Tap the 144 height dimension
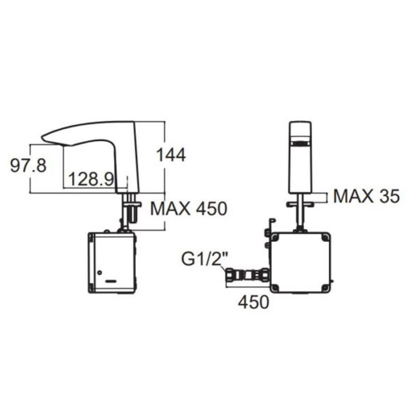(171, 156)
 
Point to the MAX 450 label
(188, 208)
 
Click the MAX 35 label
(366, 196)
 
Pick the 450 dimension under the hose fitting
(253, 302)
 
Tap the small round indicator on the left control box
(99, 273)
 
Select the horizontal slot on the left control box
(111, 281)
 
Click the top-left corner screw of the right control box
(274, 238)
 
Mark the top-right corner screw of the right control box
(325, 238)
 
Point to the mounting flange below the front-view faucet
(300, 204)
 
